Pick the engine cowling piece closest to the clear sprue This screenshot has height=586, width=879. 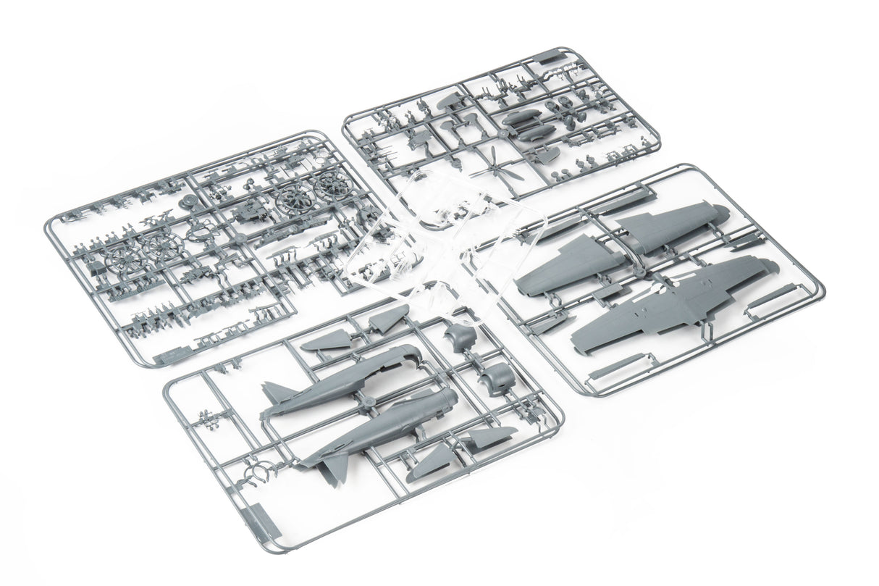coord(461,337)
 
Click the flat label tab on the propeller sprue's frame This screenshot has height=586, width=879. coord(554,56)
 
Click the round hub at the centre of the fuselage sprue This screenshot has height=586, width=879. coord(369,402)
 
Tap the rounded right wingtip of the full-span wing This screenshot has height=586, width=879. coord(769,268)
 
